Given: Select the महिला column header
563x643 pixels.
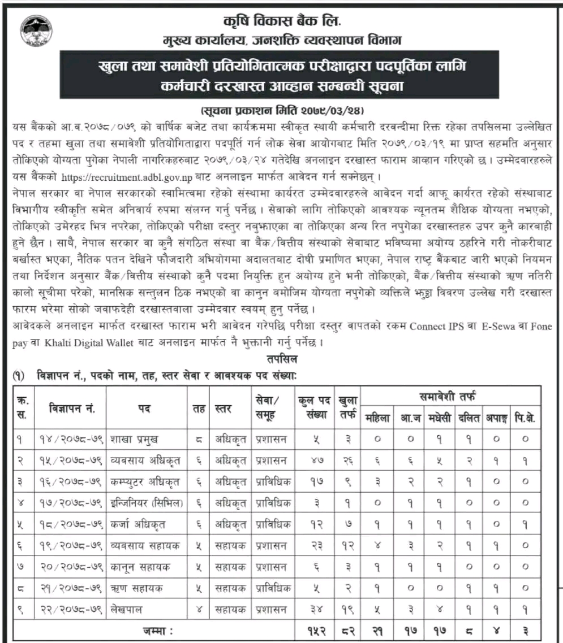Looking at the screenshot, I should coord(377,418).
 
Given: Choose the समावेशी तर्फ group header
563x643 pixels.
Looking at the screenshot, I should coord(450,396).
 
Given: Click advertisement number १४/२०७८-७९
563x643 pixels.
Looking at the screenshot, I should coord(70,437).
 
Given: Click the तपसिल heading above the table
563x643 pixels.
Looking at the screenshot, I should coord(281,359).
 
